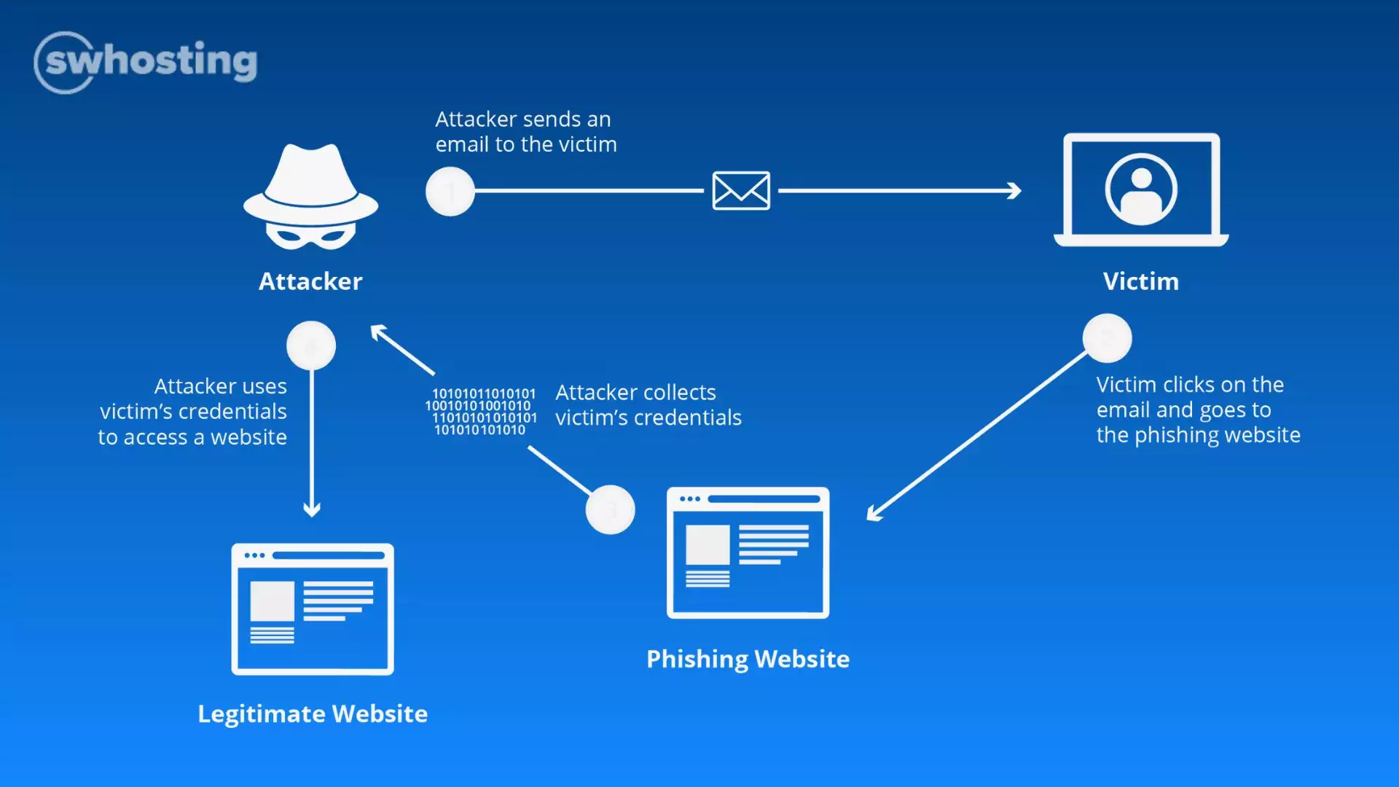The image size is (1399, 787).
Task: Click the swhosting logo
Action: (x=146, y=62)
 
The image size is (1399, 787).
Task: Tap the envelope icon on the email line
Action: (x=741, y=191)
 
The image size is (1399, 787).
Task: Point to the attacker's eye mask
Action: (x=311, y=235)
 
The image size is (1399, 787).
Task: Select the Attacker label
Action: (x=310, y=281)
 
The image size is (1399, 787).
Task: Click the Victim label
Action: (x=1140, y=281)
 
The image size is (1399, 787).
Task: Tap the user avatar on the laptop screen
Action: (x=1141, y=189)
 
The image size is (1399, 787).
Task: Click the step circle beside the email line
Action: (x=450, y=192)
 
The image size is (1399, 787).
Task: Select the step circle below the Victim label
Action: (x=1107, y=338)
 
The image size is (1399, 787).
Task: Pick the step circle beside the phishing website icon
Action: (x=610, y=509)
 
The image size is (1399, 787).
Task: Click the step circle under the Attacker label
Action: (x=311, y=345)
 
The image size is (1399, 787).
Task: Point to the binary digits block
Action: (x=481, y=412)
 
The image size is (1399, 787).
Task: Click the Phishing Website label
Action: (x=748, y=659)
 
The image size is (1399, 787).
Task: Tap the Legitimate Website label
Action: (x=313, y=713)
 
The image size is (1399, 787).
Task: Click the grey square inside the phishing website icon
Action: (x=708, y=544)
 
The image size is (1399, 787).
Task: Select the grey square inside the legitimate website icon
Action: (x=272, y=600)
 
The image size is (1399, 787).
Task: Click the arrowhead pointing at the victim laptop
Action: (x=1014, y=191)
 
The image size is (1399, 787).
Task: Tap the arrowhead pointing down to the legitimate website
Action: (x=312, y=509)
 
